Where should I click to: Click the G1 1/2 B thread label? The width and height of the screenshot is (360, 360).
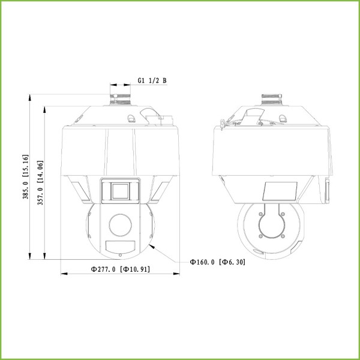pyautogui.click(x=151, y=80)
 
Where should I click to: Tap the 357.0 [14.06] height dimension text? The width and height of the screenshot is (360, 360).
pyautogui.click(x=41, y=183)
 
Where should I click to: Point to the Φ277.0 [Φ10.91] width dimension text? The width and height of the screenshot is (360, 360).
pyautogui.click(x=120, y=269)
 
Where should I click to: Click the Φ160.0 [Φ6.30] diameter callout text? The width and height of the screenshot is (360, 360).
pyautogui.click(x=217, y=262)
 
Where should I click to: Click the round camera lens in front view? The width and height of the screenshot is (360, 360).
pyautogui.click(x=119, y=226)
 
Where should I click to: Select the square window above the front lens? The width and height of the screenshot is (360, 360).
pyautogui.click(x=119, y=190)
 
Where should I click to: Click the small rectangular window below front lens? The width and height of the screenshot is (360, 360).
pyautogui.click(x=119, y=246)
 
